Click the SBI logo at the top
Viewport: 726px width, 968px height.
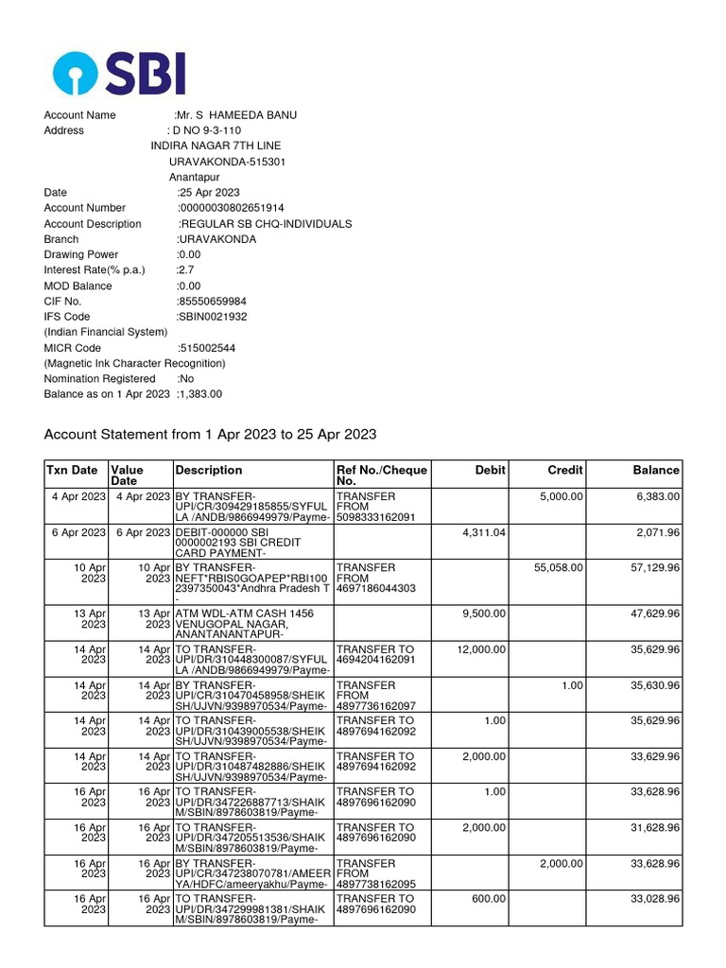119,73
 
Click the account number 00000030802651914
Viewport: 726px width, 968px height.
232,208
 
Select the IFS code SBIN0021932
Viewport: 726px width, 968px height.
213,317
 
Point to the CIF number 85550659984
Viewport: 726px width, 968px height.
212,302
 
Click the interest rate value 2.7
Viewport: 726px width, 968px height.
185,270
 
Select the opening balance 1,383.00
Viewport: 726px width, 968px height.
200,394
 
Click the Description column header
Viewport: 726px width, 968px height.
209,470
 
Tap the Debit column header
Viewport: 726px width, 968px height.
491,470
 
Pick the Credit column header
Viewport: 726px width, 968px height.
565,470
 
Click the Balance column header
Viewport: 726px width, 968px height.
656,470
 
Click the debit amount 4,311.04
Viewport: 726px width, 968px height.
484,533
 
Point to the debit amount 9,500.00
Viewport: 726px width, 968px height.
484,614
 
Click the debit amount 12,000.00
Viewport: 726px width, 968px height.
481,649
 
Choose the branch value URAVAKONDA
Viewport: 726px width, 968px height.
217,239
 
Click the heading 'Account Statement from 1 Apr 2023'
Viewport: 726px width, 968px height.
210,435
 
